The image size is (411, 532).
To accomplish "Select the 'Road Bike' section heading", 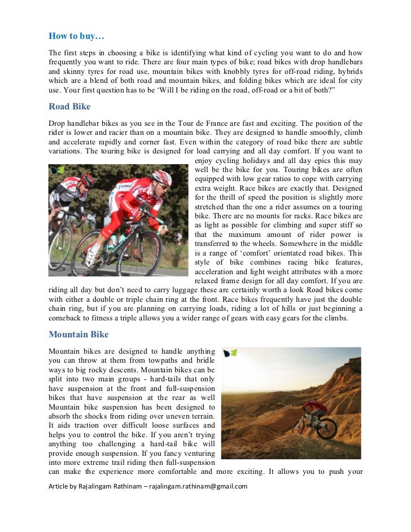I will coord(69,106).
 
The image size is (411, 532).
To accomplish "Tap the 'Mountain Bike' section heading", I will coord(78,334).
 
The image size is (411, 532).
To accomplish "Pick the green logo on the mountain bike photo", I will coord(230,354).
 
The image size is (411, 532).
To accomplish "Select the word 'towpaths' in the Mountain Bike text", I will coord(163,360).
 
